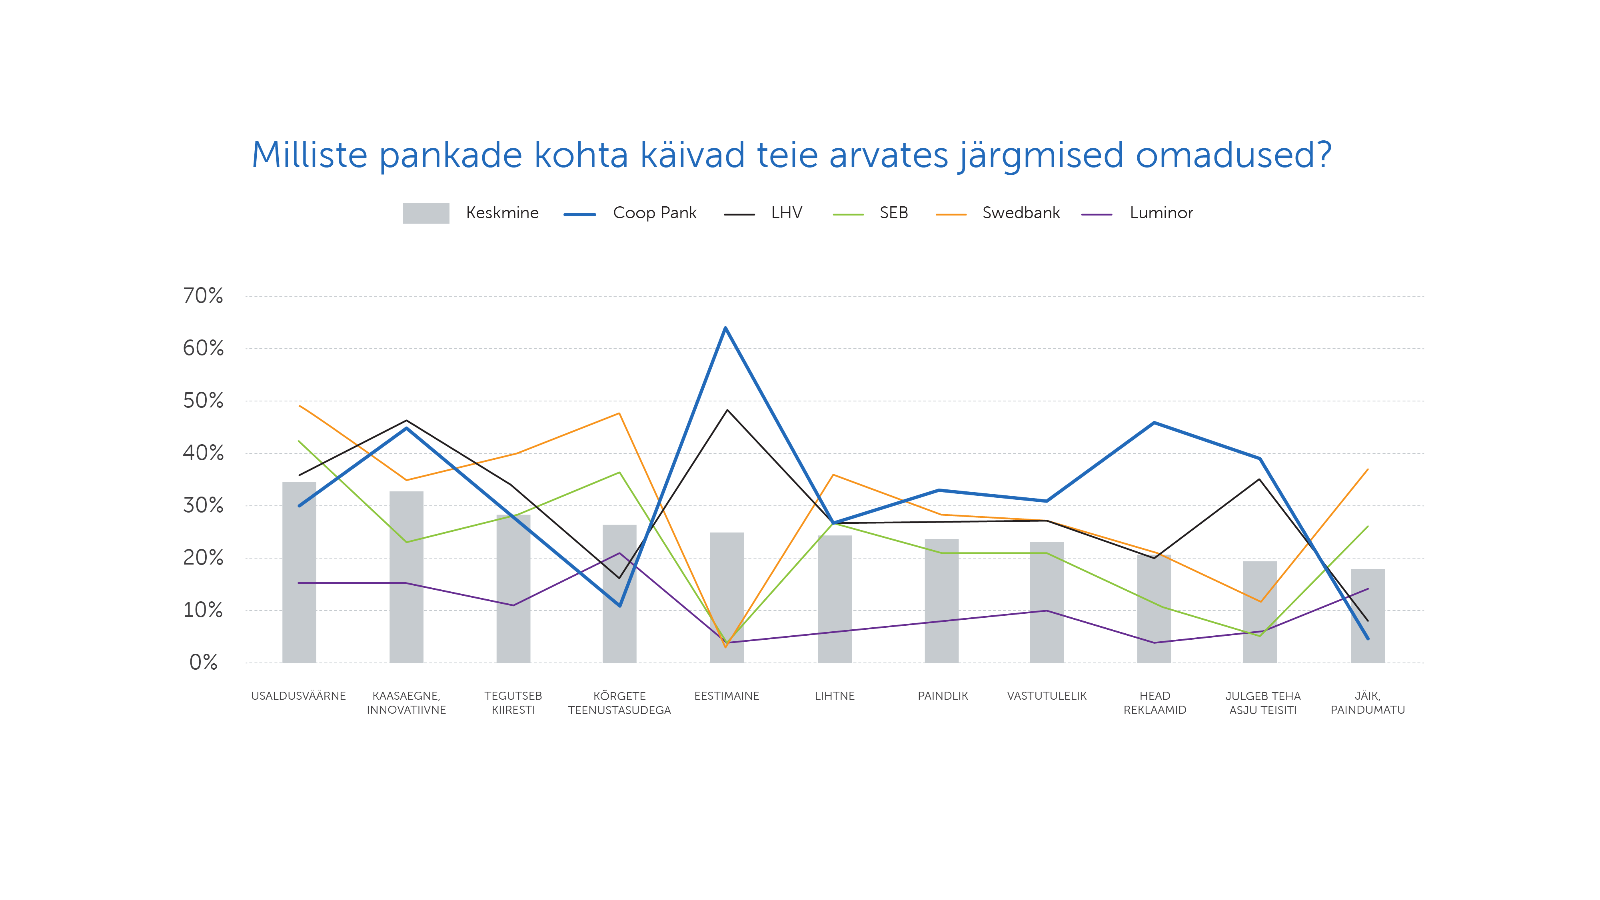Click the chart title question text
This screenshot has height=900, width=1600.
791,155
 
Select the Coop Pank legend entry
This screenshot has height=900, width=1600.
654,213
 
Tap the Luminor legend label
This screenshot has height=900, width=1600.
1161,213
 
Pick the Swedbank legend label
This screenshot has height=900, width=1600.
1021,213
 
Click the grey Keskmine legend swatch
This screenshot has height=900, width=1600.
425,213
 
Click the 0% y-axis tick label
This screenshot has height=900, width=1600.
203,662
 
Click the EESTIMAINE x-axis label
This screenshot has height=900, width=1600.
727,696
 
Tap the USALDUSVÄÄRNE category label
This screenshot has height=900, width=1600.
298,696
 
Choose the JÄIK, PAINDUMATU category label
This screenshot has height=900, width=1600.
1367,702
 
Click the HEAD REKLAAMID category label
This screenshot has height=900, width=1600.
1155,702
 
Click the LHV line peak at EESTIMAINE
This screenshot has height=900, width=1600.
727,410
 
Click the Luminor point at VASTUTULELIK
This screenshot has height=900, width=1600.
1047,611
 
